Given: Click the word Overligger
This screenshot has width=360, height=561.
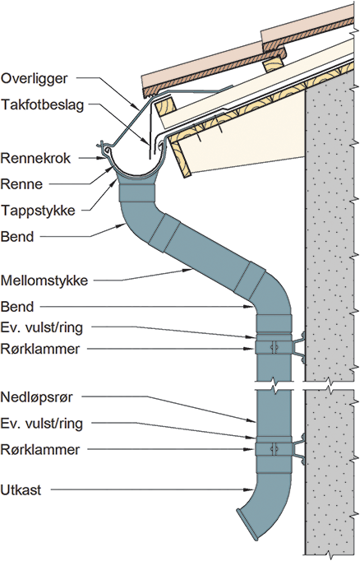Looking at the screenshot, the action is point(34,79).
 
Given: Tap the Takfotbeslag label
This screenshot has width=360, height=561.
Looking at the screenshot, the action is point(42,105).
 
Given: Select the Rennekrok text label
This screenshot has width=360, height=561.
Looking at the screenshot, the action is point(35,158).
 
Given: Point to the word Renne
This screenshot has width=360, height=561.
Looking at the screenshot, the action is point(22,184).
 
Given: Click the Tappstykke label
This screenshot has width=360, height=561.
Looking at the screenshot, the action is point(39,211).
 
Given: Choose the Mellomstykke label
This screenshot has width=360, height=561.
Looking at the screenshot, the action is point(44,280).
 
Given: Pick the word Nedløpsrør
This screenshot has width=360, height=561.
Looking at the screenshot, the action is point(37,397).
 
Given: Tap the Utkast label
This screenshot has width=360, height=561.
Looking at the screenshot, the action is point(21,489).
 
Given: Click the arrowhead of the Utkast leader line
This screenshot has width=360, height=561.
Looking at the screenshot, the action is point(250,489).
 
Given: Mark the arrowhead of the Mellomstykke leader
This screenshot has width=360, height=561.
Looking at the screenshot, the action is point(188,271).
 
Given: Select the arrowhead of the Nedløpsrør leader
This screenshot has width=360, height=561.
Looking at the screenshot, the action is point(252,420).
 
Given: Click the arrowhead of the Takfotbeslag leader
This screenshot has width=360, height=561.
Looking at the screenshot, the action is point(147,141).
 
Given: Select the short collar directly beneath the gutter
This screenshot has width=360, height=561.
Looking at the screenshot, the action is point(136,192).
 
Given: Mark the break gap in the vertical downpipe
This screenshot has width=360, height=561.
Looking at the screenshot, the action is point(274,385).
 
